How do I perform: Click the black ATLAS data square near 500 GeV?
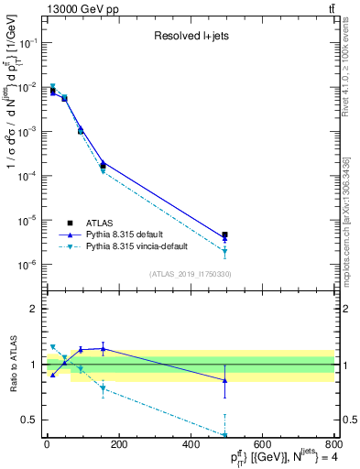(225, 235)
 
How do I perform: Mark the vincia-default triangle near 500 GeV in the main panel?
(225, 252)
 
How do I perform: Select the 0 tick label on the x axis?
(46, 446)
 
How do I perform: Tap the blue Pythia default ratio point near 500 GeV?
(225, 380)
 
